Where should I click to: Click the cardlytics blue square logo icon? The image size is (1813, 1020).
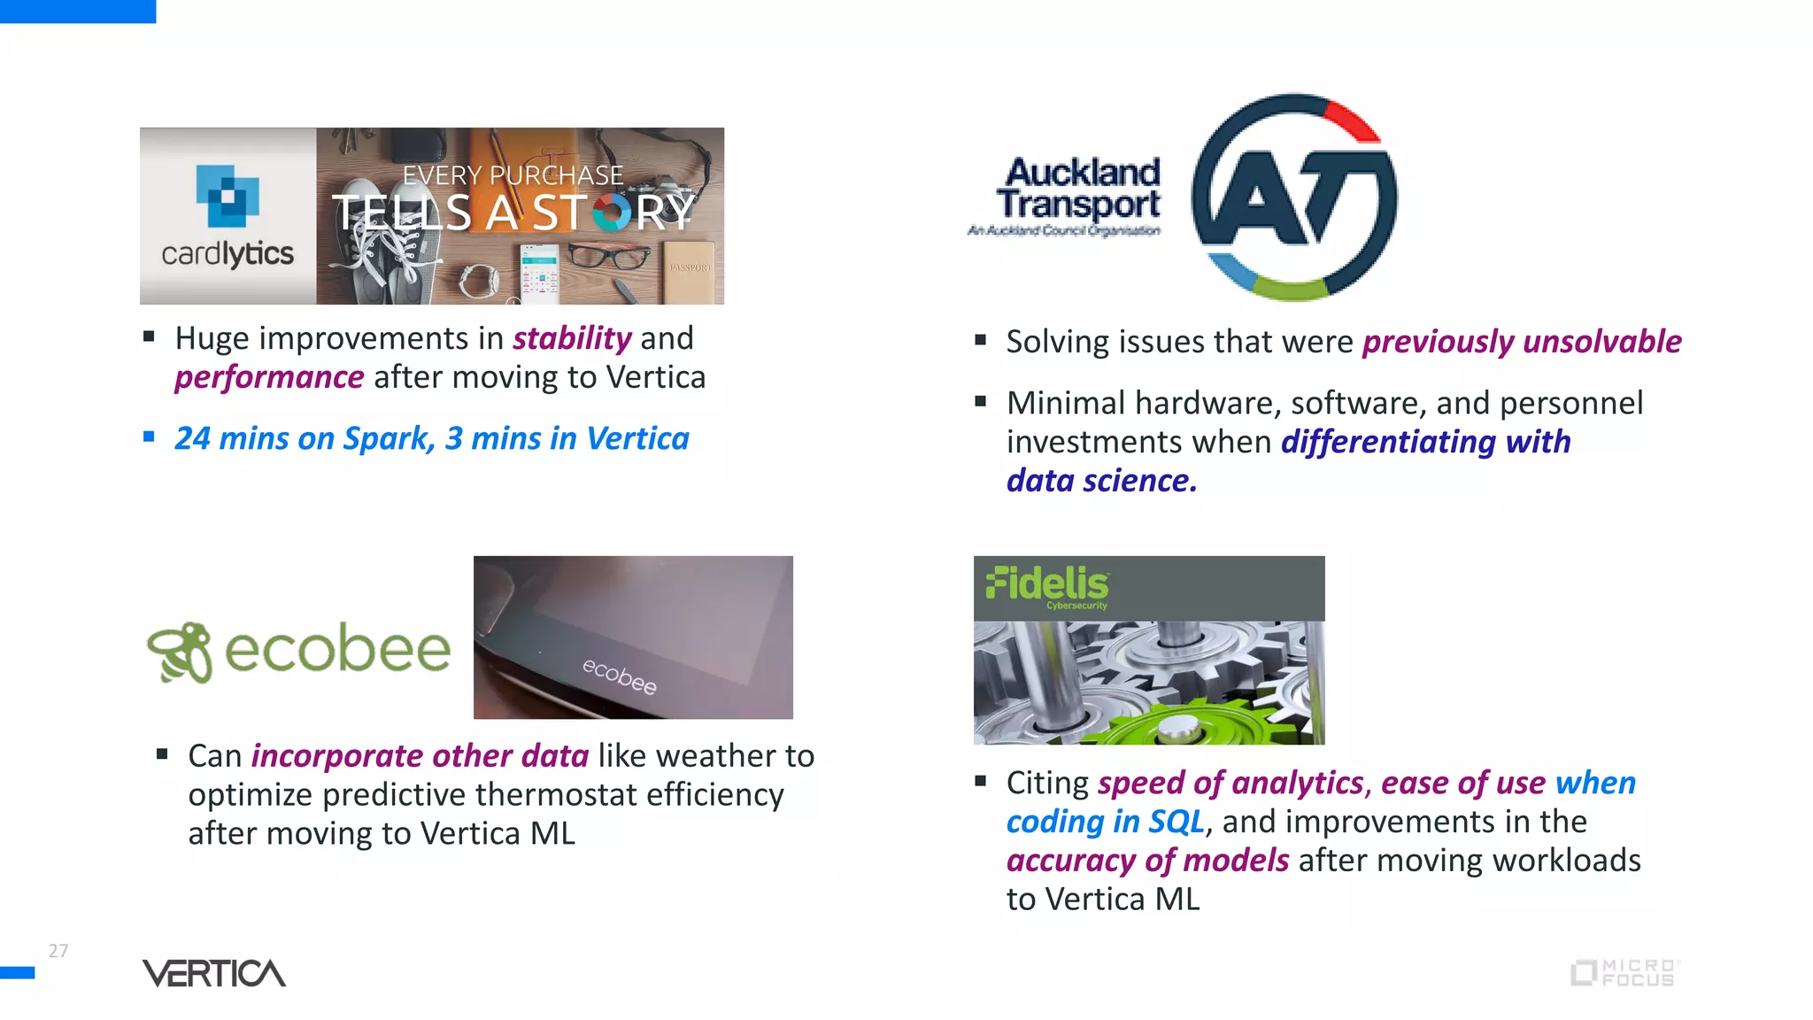[228, 196]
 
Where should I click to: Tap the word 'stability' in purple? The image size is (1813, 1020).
[572, 338]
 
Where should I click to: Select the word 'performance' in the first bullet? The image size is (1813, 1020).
[269, 377]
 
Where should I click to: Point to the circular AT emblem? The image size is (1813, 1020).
[1294, 197]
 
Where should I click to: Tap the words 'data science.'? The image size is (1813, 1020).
[1101, 481]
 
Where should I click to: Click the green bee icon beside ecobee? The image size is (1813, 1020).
[181, 652]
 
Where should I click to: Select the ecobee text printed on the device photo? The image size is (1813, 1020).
[620, 676]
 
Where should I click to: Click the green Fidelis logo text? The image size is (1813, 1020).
[1047, 584]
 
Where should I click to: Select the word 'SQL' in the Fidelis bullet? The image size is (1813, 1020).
[1176, 822]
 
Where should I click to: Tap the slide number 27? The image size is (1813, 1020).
[58, 951]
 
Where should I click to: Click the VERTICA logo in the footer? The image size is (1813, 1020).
[214, 973]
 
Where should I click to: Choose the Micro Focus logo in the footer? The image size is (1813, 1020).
[1624, 973]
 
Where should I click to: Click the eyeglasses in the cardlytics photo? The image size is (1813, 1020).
[610, 257]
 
